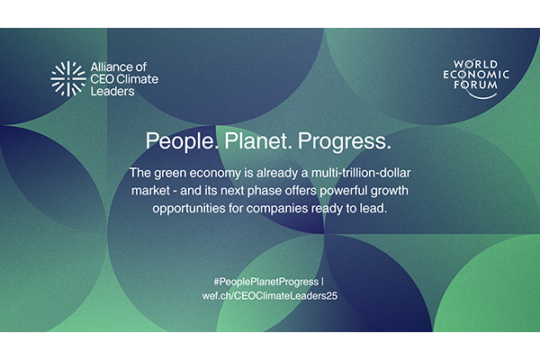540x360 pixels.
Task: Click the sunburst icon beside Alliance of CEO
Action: (x=67, y=78)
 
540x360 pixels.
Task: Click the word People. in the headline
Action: (x=178, y=143)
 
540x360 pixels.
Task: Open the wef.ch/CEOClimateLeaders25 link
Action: (x=269, y=295)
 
